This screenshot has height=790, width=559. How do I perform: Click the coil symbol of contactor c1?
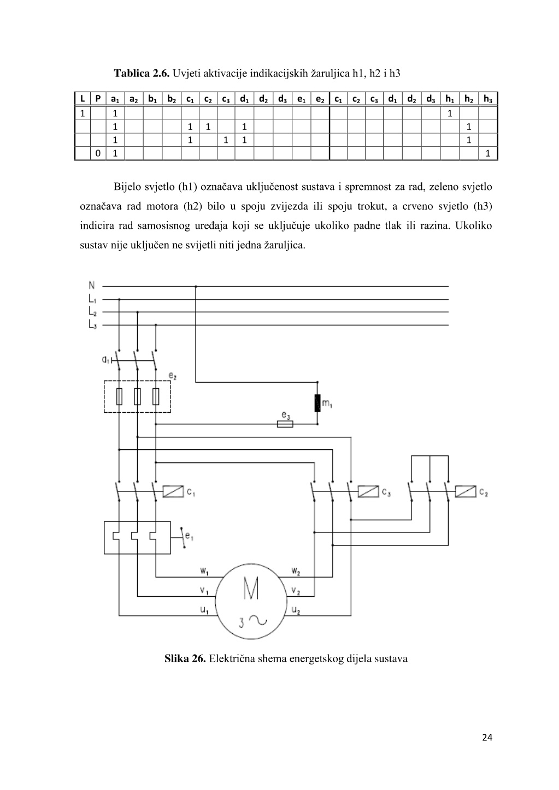(173, 491)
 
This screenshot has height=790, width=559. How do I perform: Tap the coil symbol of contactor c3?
(368, 491)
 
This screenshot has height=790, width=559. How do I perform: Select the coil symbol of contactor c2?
(466, 491)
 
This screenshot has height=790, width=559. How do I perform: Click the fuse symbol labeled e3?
(285, 424)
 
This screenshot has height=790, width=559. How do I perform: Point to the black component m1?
(317, 403)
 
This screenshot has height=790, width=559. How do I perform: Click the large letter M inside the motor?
(251, 589)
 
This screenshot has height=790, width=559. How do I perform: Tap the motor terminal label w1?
(204, 571)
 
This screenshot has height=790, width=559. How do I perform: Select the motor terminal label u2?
(296, 610)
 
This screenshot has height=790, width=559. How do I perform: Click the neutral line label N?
(92, 286)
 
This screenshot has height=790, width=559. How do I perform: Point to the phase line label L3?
(92, 325)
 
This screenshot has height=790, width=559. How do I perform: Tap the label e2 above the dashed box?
(173, 376)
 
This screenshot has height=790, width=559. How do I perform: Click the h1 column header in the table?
(450, 99)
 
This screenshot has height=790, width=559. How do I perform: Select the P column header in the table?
(98, 99)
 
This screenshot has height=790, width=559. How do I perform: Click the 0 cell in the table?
(98, 153)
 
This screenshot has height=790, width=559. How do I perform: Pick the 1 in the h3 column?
(488, 153)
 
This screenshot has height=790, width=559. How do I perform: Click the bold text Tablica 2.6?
(142, 73)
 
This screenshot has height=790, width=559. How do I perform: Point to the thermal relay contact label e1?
(189, 537)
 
